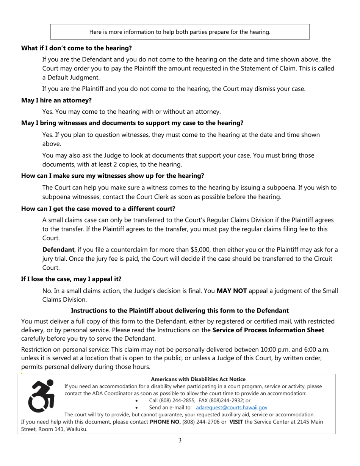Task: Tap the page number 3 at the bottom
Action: click(180, 440)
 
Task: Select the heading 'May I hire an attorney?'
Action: click(56, 100)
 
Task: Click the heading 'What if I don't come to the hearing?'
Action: click(77, 48)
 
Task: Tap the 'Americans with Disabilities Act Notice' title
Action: click(198, 379)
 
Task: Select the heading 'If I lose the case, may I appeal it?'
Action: click(71, 279)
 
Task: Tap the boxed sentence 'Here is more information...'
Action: click(180, 32)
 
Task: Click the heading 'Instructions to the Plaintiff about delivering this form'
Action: click(180, 311)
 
